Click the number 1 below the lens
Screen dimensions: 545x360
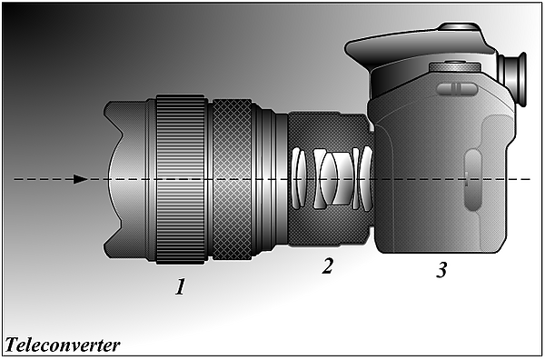coord(180,286)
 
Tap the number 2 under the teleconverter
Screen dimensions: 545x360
coord(327,265)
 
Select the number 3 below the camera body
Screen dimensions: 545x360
coord(441,270)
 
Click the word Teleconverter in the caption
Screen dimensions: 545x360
coord(63,345)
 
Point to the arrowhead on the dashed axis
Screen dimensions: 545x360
coord(81,179)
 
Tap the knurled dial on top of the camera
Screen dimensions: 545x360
coord(455,66)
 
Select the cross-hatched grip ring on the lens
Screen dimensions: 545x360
coord(232,179)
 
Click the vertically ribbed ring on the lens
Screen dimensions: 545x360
coord(181,179)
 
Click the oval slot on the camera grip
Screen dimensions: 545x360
coord(472,180)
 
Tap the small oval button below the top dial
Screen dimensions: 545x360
coord(457,89)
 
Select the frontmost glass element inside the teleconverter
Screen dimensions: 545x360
coord(296,178)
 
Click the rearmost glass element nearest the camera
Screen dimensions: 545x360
coord(366,178)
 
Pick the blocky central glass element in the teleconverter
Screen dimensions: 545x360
coord(343,178)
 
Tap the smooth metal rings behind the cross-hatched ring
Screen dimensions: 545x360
coord(270,179)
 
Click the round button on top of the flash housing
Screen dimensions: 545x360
coord(460,26)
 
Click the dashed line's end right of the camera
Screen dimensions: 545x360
coord(530,179)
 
